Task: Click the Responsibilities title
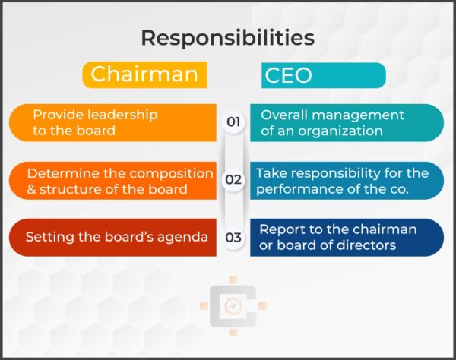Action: [x=227, y=37]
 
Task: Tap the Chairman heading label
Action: [x=144, y=74]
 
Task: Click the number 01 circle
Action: [x=233, y=122]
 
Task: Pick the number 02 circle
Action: [x=233, y=180]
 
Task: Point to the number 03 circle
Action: [x=233, y=238]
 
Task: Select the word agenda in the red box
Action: [x=185, y=237]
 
